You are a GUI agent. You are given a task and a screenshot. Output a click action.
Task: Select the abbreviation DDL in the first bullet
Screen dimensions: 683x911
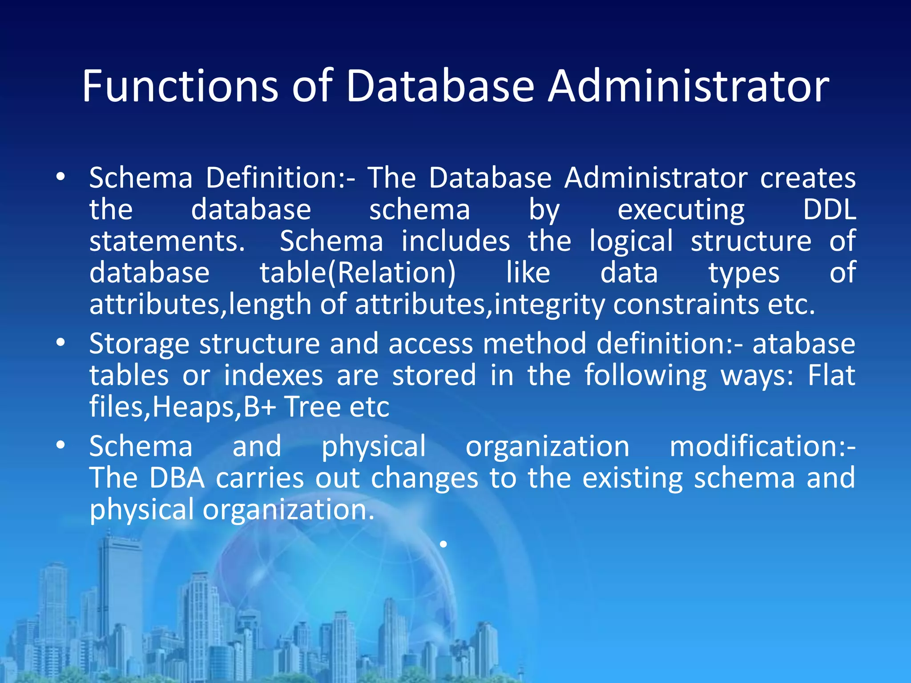point(830,209)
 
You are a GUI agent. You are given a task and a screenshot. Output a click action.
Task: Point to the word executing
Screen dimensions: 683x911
point(681,210)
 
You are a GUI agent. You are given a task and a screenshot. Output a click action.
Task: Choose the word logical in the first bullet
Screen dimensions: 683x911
point(631,241)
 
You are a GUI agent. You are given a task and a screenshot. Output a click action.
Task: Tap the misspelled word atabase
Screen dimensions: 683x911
point(804,344)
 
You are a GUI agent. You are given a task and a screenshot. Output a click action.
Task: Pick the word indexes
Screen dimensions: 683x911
point(273,375)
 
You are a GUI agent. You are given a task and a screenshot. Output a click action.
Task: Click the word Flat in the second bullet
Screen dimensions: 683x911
point(831,375)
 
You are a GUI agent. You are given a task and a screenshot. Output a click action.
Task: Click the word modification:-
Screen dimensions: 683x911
point(762,446)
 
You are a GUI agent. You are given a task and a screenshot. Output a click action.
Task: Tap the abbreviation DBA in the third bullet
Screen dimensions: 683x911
point(177,478)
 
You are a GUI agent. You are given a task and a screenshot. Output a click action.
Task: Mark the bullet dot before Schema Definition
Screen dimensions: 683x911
point(61,177)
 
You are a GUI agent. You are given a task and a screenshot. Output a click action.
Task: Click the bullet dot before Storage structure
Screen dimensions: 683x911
point(61,343)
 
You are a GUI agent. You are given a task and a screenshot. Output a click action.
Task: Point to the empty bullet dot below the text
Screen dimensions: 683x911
point(443,544)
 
